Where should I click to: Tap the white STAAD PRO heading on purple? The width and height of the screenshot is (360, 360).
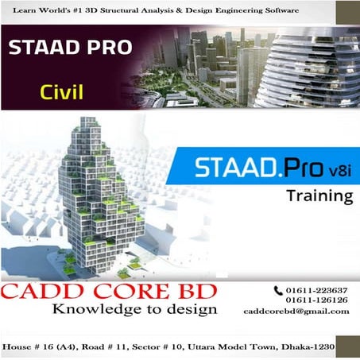[x=71, y=48]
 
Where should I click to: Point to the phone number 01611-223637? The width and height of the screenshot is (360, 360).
[x=318, y=289]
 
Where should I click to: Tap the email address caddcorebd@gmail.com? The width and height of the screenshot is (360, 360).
[x=296, y=312]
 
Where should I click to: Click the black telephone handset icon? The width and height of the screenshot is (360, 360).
[x=278, y=290]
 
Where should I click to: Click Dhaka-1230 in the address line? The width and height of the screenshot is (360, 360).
[x=305, y=348]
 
